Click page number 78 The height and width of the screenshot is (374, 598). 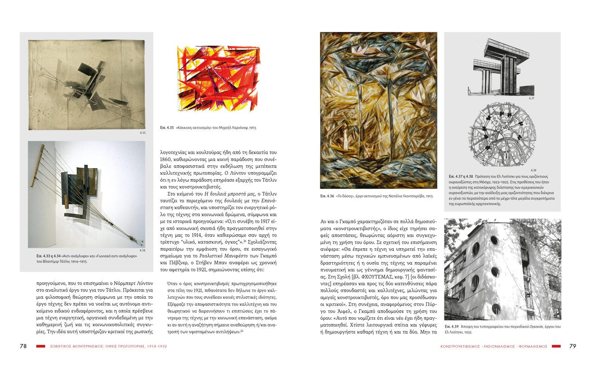[23, 346]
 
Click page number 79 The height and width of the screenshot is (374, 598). [573, 346]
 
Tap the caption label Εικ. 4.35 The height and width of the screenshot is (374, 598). [167, 128]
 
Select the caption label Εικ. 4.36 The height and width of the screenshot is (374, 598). [327, 196]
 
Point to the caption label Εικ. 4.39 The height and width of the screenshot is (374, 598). [451, 327]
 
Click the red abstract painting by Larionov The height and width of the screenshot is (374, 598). [218, 79]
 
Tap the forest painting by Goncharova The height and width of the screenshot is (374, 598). [378, 110]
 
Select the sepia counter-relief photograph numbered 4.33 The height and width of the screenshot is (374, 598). [86, 85]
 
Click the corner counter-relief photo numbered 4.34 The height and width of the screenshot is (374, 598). [86, 194]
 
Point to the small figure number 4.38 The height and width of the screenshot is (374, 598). [533, 170]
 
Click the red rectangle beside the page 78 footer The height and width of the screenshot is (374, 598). [40, 346]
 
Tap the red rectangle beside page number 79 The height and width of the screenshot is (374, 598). [556, 346]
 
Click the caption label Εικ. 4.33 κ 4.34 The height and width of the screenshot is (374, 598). [49, 256]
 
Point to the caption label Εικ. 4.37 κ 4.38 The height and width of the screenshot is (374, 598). [461, 177]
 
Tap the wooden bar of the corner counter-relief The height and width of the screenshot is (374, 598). [38, 167]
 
